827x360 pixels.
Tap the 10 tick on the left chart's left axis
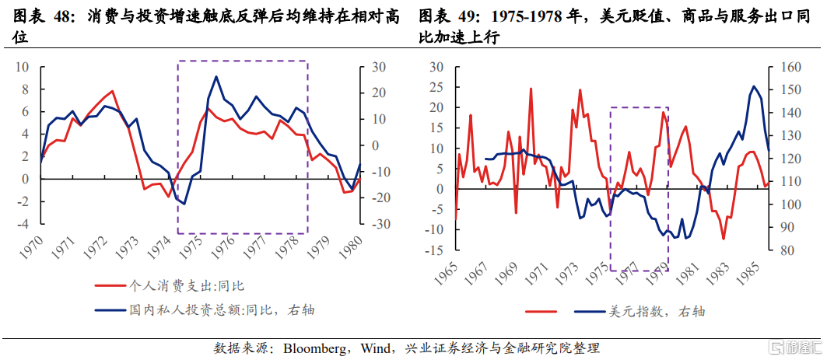pyautogui.click(x=23, y=67)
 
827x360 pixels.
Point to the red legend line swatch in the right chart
pyautogui.click(x=541, y=312)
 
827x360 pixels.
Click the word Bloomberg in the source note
pyautogui.click(x=317, y=347)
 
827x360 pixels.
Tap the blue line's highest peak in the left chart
pyautogui.click(x=216, y=76)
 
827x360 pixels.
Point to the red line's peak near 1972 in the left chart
pyautogui.click(x=113, y=91)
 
